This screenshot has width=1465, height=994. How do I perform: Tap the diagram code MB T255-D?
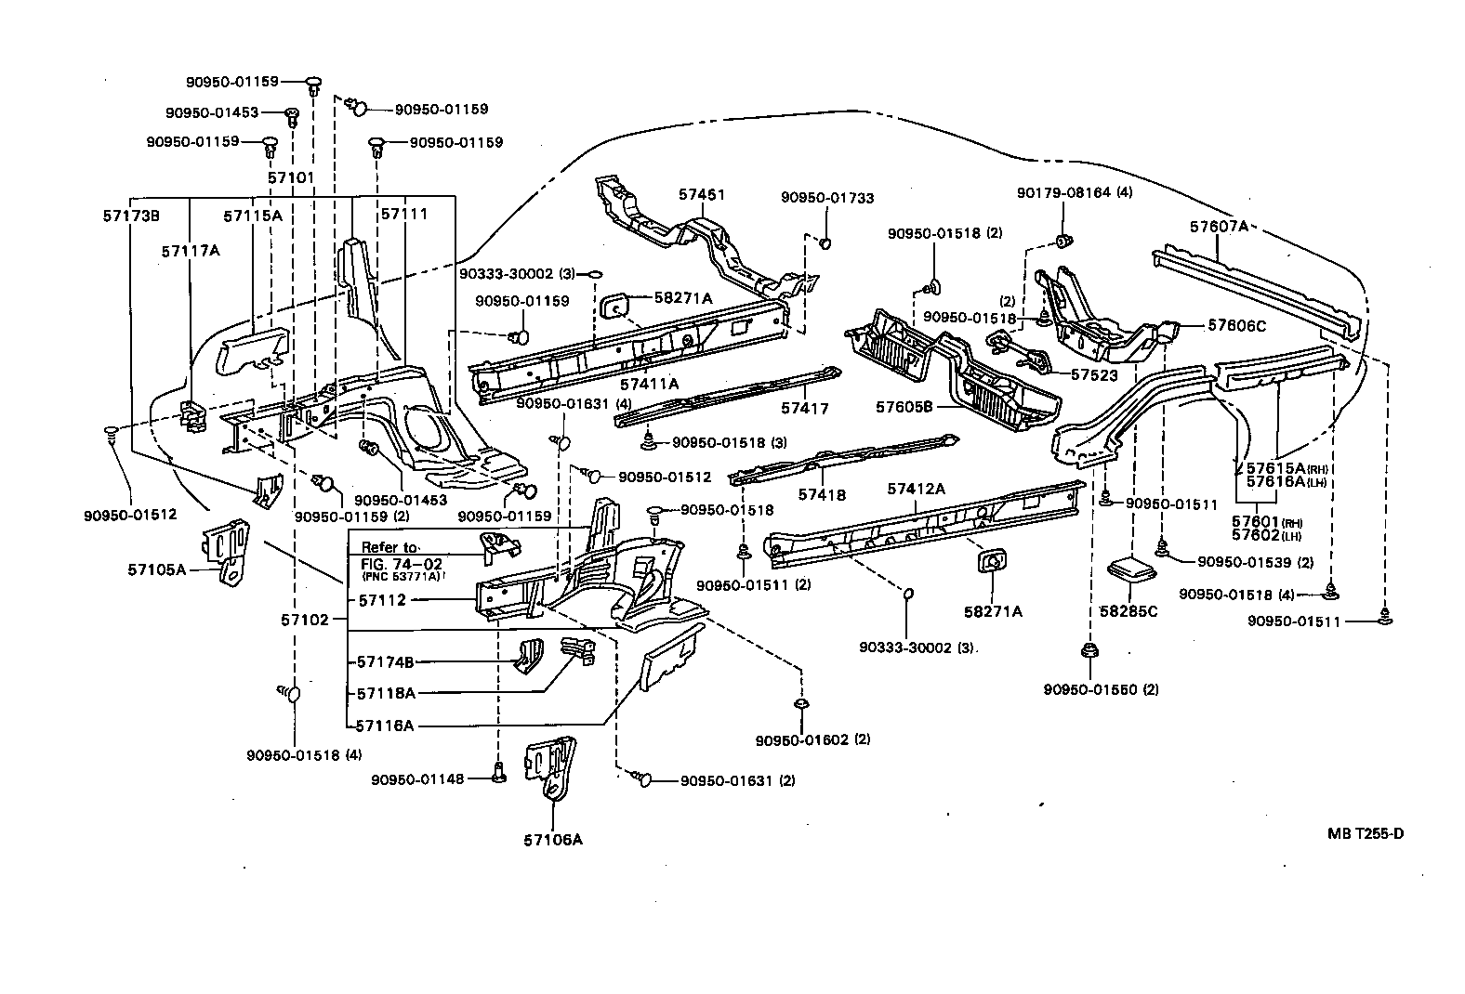coord(1365,833)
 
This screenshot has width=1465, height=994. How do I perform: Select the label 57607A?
coord(1219,226)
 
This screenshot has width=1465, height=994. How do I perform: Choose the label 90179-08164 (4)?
coord(1074,193)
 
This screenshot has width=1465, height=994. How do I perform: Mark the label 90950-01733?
coord(826,198)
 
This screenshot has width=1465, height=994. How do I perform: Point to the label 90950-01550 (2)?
coord(1101,689)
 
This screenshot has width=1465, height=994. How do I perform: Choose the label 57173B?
coord(131,216)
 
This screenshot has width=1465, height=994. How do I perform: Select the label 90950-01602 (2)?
coord(812,739)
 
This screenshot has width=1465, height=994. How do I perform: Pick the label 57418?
coord(822,494)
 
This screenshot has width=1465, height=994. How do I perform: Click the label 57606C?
coord(1236,325)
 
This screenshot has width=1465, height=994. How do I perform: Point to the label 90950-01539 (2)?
coord(1255,561)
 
